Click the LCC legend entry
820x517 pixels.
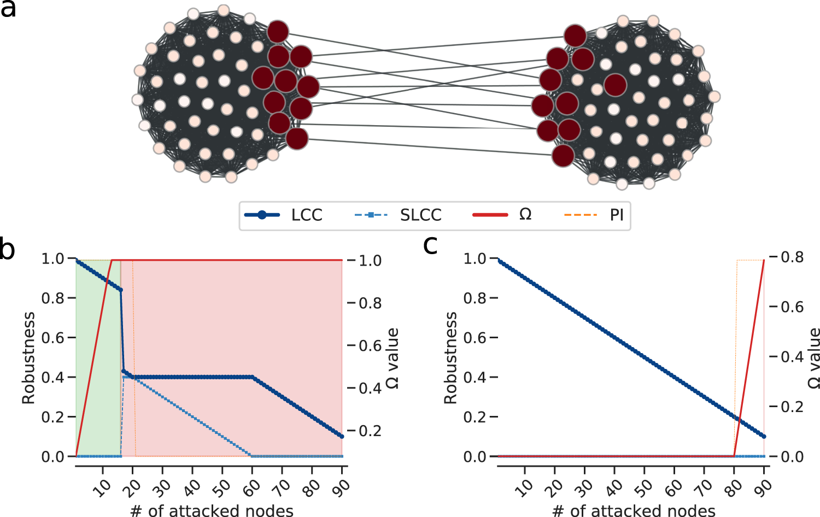tap(284, 215)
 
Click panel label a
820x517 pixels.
tap(8, 9)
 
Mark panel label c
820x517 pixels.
tap(430, 246)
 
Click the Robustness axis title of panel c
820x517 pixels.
tap(450, 358)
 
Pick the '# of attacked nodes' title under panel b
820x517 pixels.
tap(212, 510)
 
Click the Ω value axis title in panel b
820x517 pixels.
tap(393, 358)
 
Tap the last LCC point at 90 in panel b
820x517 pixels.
tap(342, 436)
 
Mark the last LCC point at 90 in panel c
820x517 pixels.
tap(764, 436)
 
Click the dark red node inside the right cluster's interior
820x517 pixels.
tap(616, 85)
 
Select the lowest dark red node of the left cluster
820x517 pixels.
tap(297, 139)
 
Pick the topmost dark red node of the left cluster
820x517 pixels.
tap(278, 32)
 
